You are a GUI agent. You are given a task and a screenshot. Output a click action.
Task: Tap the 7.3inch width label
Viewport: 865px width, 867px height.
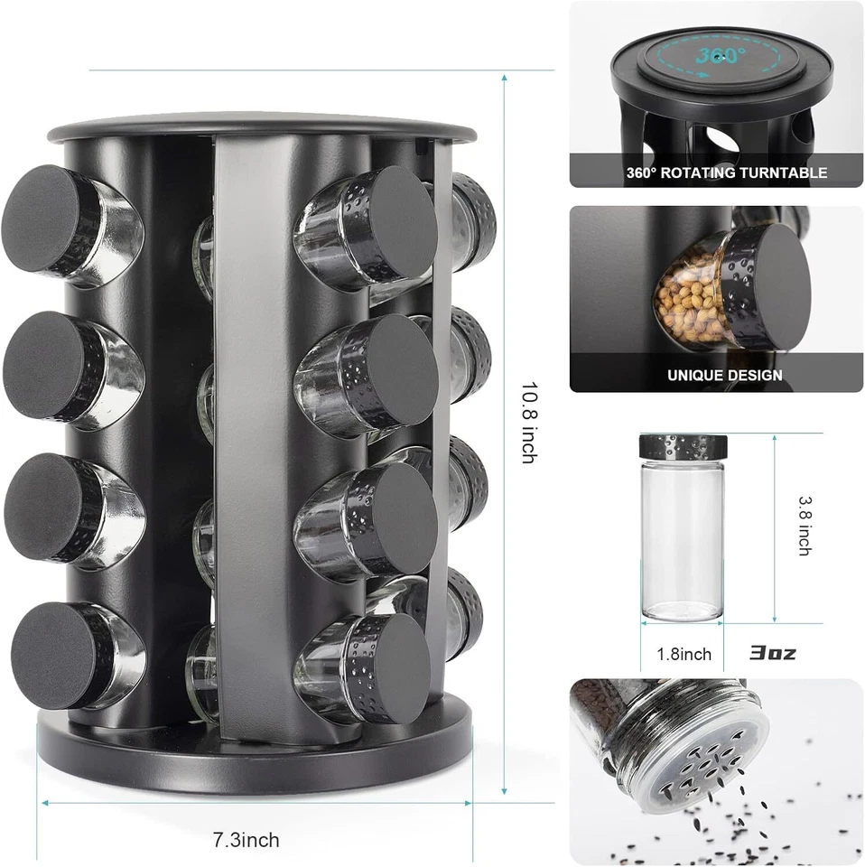[246, 840]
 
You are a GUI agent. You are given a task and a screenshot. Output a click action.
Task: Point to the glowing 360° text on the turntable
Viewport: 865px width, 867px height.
[721, 56]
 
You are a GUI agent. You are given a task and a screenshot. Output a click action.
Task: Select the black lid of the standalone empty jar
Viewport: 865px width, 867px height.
[684, 446]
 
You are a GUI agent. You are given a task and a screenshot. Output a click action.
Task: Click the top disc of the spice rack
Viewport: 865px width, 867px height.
[262, 126]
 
